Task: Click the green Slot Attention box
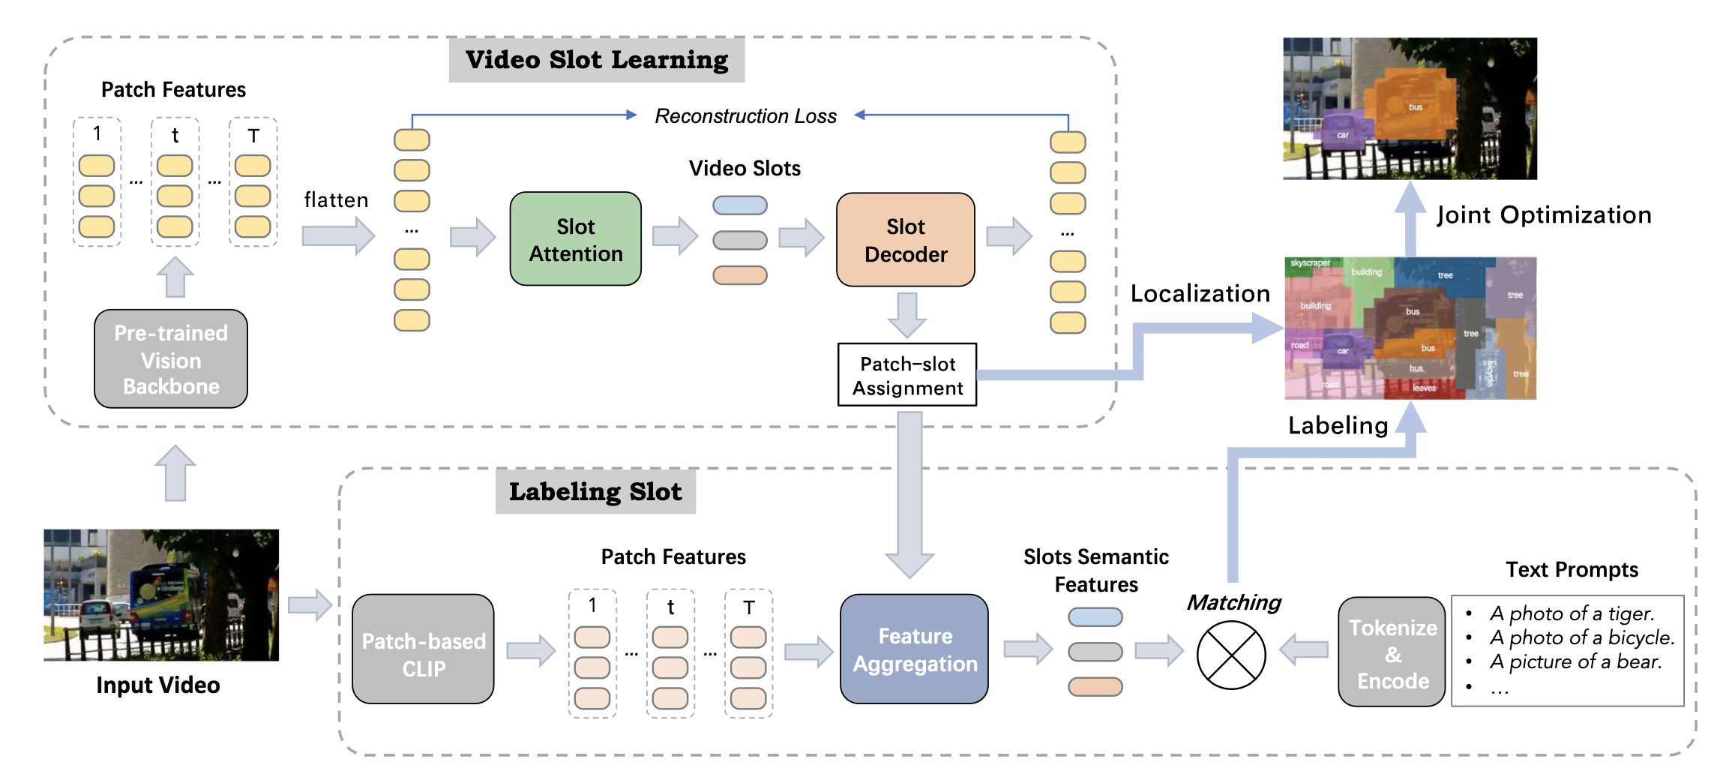click(575, 239)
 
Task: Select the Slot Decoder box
click(905, 240)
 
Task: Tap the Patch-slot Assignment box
click(906, 375)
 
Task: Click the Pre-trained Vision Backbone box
click(171, 359)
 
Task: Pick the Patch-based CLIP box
click(423, 649)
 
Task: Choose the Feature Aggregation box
click(914, 649)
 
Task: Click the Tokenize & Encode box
click(1392, 652)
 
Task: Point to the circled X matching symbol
click(1230, 655)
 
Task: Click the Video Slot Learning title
click(596, 60)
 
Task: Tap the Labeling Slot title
click(595, 492)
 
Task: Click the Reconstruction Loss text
click(745, 116)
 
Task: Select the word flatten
click(336, 200)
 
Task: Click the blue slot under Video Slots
click(739, 205)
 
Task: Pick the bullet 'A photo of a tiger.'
click(1572, 613)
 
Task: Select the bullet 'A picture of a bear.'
click(1575, 661)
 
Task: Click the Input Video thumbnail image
click(161, 595)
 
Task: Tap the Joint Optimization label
click(1543, 215)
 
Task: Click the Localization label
click(1200, 294)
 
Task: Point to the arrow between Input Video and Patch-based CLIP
click(310, 604)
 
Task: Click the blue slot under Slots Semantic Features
click(1095, 617)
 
